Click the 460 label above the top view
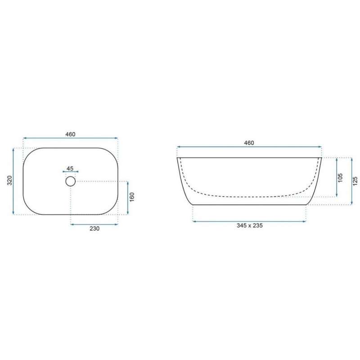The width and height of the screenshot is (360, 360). [x=70, y=134]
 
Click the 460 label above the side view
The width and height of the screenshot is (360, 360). [x=249, y=143]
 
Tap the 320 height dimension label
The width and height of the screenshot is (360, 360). [x=9, y=180]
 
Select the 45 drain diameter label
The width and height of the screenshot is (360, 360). [x=70, y=168]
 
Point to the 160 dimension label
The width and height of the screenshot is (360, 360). [x=132, y=197]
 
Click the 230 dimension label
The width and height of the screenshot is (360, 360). [x=94, y=229]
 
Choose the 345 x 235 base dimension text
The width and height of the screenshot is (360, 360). [x=250, y=225]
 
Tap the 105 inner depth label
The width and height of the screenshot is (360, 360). [x=340, y=178]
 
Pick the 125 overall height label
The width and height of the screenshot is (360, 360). [x=355, y=181]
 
